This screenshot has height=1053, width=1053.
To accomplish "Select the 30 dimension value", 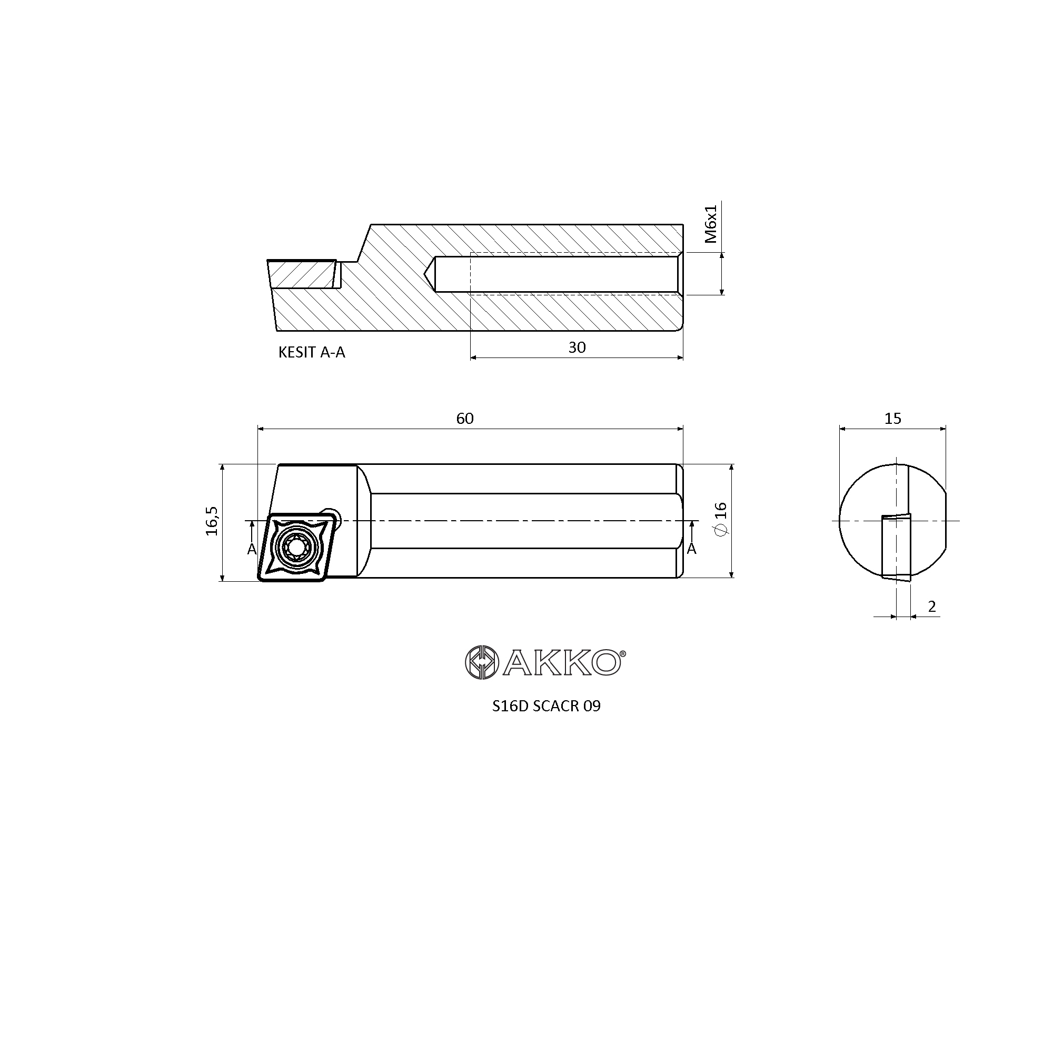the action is click(x=577, y=347).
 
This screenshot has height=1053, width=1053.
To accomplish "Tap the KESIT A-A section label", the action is click(x=312, y=353).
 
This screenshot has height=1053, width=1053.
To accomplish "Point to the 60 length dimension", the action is click(x=465, y=418).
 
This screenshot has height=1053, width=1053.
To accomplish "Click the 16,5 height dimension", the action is click(x=212, y=521).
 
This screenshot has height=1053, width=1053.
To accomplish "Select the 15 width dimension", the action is click(x=893, y=418).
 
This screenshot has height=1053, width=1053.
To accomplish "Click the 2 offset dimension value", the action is click(x=931, y=606).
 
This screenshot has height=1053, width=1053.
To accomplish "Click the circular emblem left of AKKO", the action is click(x=482, y=663).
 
